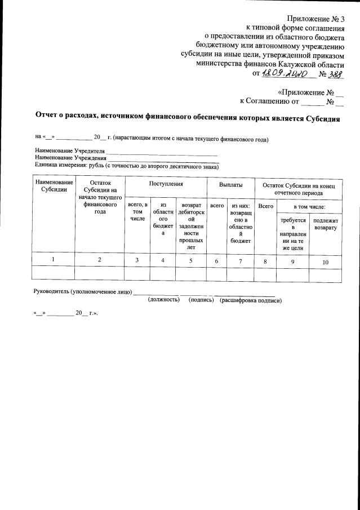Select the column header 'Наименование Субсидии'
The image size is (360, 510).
tap(54, 186)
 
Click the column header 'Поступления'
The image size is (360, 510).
tap(166, 184)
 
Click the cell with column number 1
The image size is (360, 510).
tap(54, 260)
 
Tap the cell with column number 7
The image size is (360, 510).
tap(241, 261)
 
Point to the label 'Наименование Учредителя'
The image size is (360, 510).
tap(70, 152)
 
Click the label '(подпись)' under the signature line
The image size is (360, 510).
tap(201, 300)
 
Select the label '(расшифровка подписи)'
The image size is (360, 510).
tap(251, 300)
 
